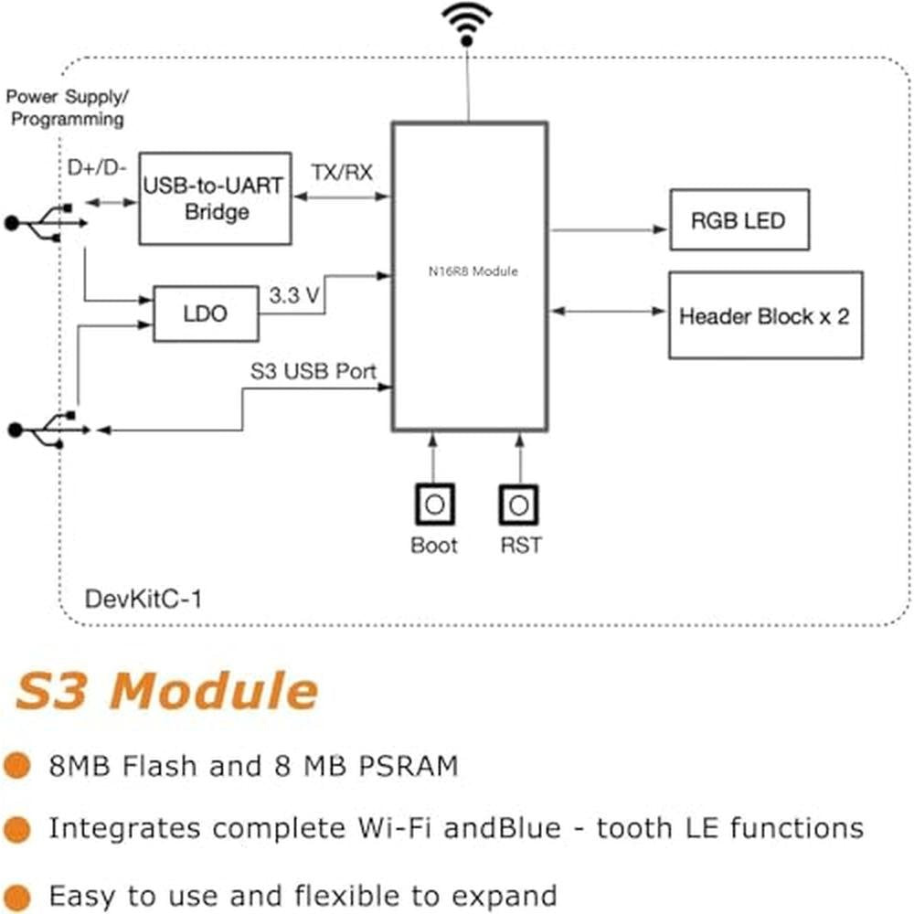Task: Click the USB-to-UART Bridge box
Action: [x=215, y=198]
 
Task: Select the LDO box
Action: [x=206, y=314]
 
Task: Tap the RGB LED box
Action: [x=739, y=219]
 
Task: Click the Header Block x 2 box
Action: [x=765, y=315]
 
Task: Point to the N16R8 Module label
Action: [x=473, y=271]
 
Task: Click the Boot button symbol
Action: [x=434, y=505]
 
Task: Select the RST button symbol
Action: [x=519, y=505]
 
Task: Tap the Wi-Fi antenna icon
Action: [x=466, y=24]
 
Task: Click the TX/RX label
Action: [x=342, y=173]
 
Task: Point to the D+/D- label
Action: [x=97, y=168]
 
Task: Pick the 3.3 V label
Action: [x=294, y=295]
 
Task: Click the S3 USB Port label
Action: [x=313, y=371]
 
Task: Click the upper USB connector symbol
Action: [x=46, y=223]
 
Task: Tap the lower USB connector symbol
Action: [x=48, y=430]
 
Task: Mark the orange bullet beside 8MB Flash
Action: [x=16, y=765]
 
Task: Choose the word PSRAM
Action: [x=409, y=766]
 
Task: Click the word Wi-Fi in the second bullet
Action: [x=394, y=828]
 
